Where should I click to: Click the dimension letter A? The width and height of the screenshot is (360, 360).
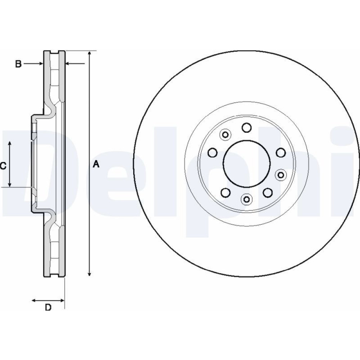96,164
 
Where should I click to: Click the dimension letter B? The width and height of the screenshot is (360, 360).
18,64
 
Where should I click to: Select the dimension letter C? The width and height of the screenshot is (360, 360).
3,166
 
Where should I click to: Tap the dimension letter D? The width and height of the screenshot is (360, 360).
48,307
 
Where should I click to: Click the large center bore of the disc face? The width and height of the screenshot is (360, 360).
247,163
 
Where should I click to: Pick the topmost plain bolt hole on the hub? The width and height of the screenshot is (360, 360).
247,128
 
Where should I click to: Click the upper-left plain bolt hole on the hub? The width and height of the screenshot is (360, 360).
212,152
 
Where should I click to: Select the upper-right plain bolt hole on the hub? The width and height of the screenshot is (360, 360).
281,152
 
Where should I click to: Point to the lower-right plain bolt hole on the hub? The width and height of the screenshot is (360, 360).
268,193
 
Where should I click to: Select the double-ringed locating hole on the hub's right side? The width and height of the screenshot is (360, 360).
281,175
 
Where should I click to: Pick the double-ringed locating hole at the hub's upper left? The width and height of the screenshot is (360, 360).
225,135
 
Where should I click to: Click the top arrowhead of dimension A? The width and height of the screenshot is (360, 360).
90,53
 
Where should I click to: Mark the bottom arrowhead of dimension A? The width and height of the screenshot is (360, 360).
90,274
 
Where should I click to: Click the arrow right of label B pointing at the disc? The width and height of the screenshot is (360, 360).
33,64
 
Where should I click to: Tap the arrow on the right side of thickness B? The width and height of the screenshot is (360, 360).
75,63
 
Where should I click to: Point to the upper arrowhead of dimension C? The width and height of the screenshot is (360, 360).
10,144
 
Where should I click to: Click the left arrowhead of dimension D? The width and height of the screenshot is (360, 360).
34,300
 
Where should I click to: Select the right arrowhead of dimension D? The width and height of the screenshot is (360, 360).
62,300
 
